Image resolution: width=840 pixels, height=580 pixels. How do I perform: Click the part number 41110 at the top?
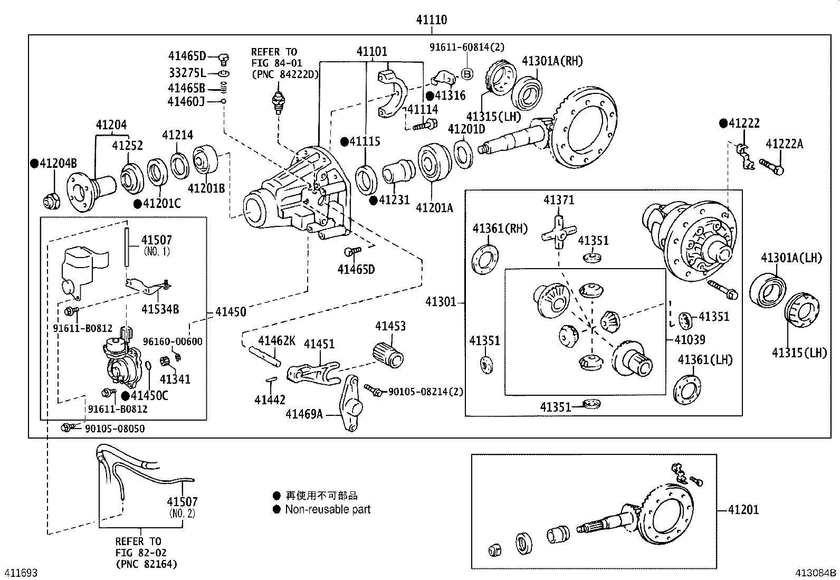[431, 20]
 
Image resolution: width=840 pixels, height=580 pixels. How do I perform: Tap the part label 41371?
[559, 200]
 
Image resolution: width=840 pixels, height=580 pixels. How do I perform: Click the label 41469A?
[304, 414]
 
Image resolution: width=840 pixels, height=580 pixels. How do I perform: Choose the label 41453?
[390, 326]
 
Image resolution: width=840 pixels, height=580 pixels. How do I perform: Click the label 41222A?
[785, 144]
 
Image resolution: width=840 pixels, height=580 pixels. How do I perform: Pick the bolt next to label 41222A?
[771, 166]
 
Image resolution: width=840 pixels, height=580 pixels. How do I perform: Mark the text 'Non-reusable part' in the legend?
[328, 510]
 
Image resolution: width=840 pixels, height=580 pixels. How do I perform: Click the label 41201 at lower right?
[743, 510]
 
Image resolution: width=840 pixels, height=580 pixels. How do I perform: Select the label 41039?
[690, 339]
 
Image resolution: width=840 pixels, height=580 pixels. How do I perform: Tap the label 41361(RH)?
[500, 229]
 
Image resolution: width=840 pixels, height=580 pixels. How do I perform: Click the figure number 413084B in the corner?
[816, 573]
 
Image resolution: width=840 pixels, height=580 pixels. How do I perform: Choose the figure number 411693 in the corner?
[21, 573]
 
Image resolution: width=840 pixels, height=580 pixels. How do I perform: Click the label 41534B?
[160, 309]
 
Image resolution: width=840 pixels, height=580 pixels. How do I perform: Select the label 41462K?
[276, 340]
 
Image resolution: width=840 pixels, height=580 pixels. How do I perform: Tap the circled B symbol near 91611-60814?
[466, 73]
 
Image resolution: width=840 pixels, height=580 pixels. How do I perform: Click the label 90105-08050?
[114, 429]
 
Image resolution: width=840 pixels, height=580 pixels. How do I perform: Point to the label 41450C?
[149, 395]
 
